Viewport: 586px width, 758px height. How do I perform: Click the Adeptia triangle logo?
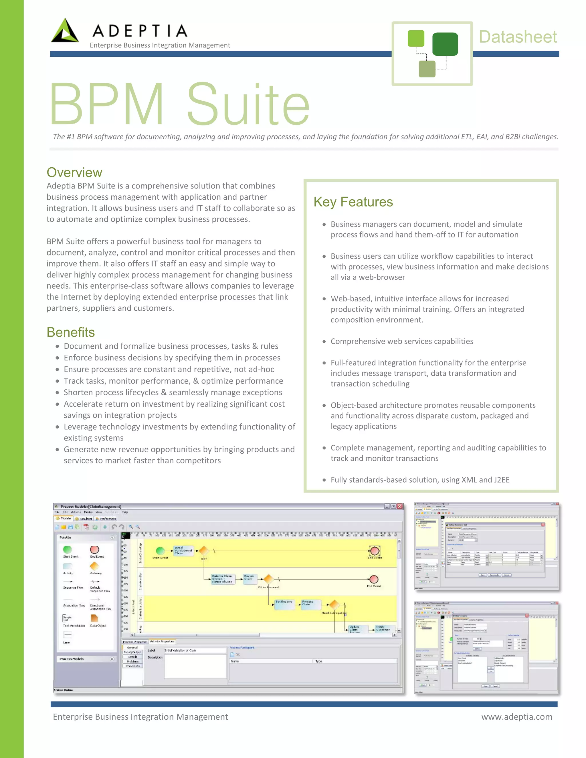pyautogui.click(x=65, y=31)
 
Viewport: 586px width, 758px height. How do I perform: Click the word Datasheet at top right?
pyautogui.click(x=518, y=37)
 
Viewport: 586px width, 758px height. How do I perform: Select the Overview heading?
pyautogui.click(x=74, y=172)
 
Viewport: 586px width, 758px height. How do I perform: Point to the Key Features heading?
pyautogui.click(x=353, y=202)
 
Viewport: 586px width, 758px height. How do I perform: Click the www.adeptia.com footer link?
pyautogui.click(x=516, y=717)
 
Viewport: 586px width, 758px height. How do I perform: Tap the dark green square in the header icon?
pyautogui.click(x=445, y=44)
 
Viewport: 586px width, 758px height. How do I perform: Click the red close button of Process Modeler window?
pyautogui.click(x=399, y=506)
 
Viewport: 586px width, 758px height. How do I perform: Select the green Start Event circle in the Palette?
pyautogui.click(x=67, y=549)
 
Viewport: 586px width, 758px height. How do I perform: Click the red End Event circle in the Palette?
pyautogui.click(x=94, y=549)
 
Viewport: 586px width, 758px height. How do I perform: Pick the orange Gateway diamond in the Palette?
pyautogui.click(x=94, y=566)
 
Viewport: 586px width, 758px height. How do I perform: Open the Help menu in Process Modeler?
pyautogui.click(x=125, y=512)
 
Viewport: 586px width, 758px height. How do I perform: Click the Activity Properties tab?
pyautogui.click(x=162, y=641)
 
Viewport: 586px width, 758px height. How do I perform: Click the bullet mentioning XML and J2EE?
pyautogui.click(x=420, y=480)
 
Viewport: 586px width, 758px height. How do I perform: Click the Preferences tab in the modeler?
pyautogui.click(x=106, y=519)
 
